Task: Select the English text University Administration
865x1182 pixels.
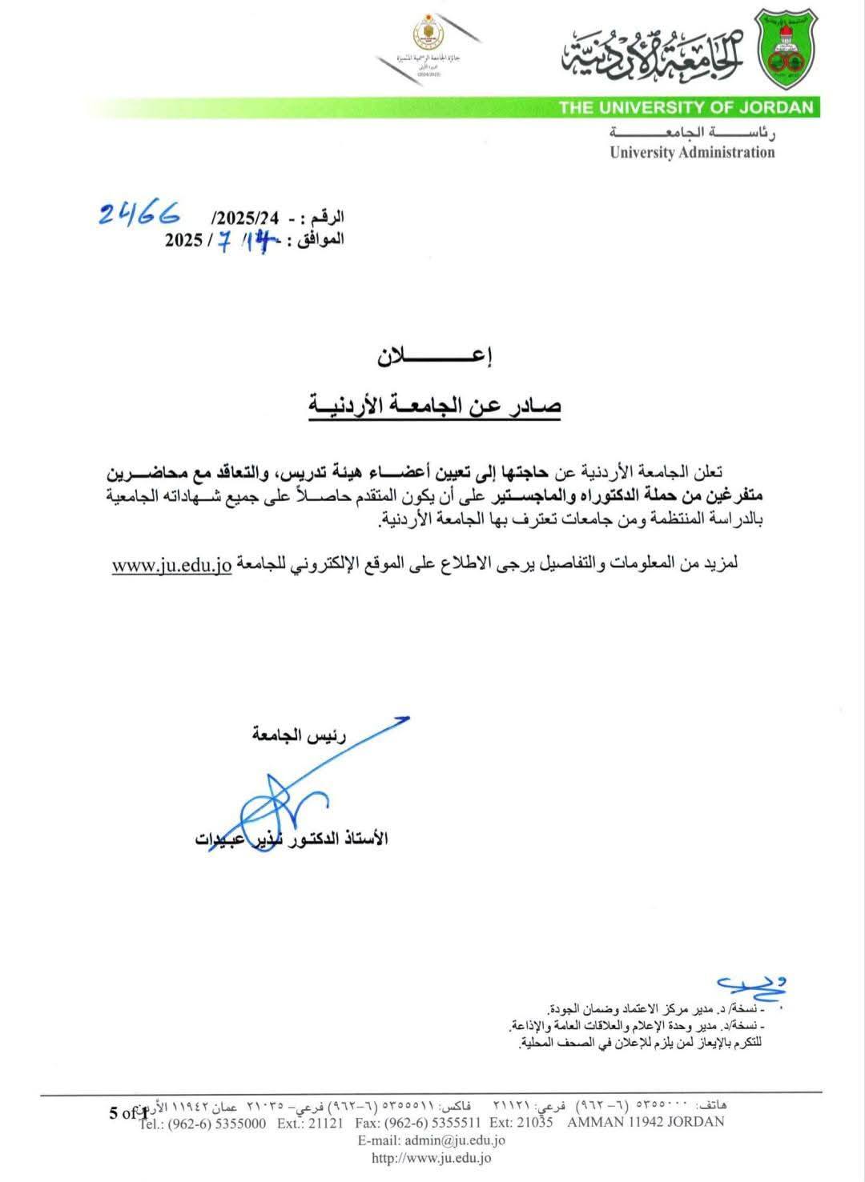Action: (692, 152)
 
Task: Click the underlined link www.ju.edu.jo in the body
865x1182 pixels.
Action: (171, 564)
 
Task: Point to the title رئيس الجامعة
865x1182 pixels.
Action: (299, 735)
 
